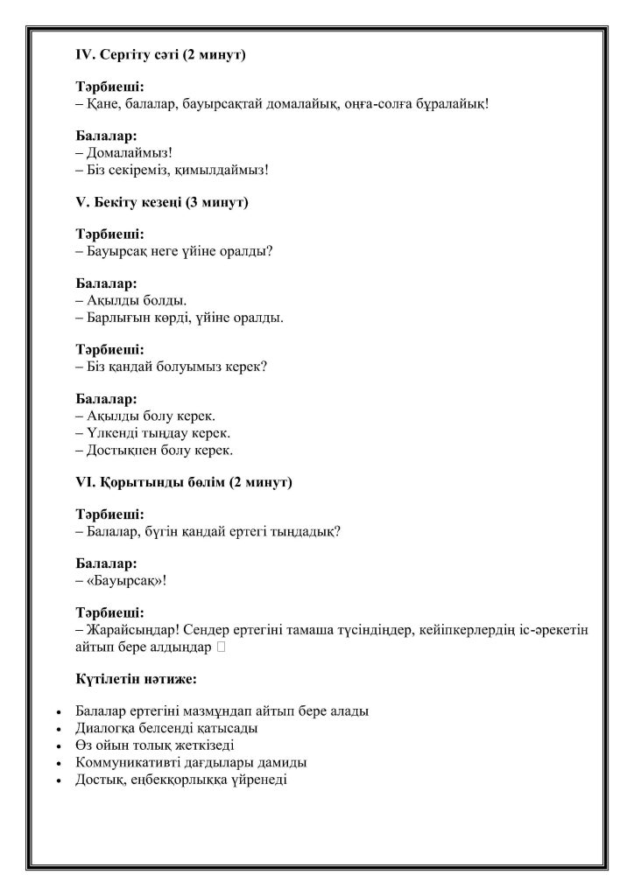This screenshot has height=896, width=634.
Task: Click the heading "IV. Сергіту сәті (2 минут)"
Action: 160,54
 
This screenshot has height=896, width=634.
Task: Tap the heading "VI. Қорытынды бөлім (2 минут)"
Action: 184,482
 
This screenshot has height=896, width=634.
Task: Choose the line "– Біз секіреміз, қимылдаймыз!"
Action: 172,169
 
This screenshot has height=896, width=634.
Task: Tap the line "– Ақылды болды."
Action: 125,300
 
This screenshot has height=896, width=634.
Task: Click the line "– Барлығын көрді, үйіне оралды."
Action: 180,317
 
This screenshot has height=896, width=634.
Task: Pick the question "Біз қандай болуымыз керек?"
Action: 176,366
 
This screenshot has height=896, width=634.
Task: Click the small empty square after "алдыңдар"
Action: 221,647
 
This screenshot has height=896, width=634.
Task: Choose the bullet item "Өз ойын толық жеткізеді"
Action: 155,745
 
